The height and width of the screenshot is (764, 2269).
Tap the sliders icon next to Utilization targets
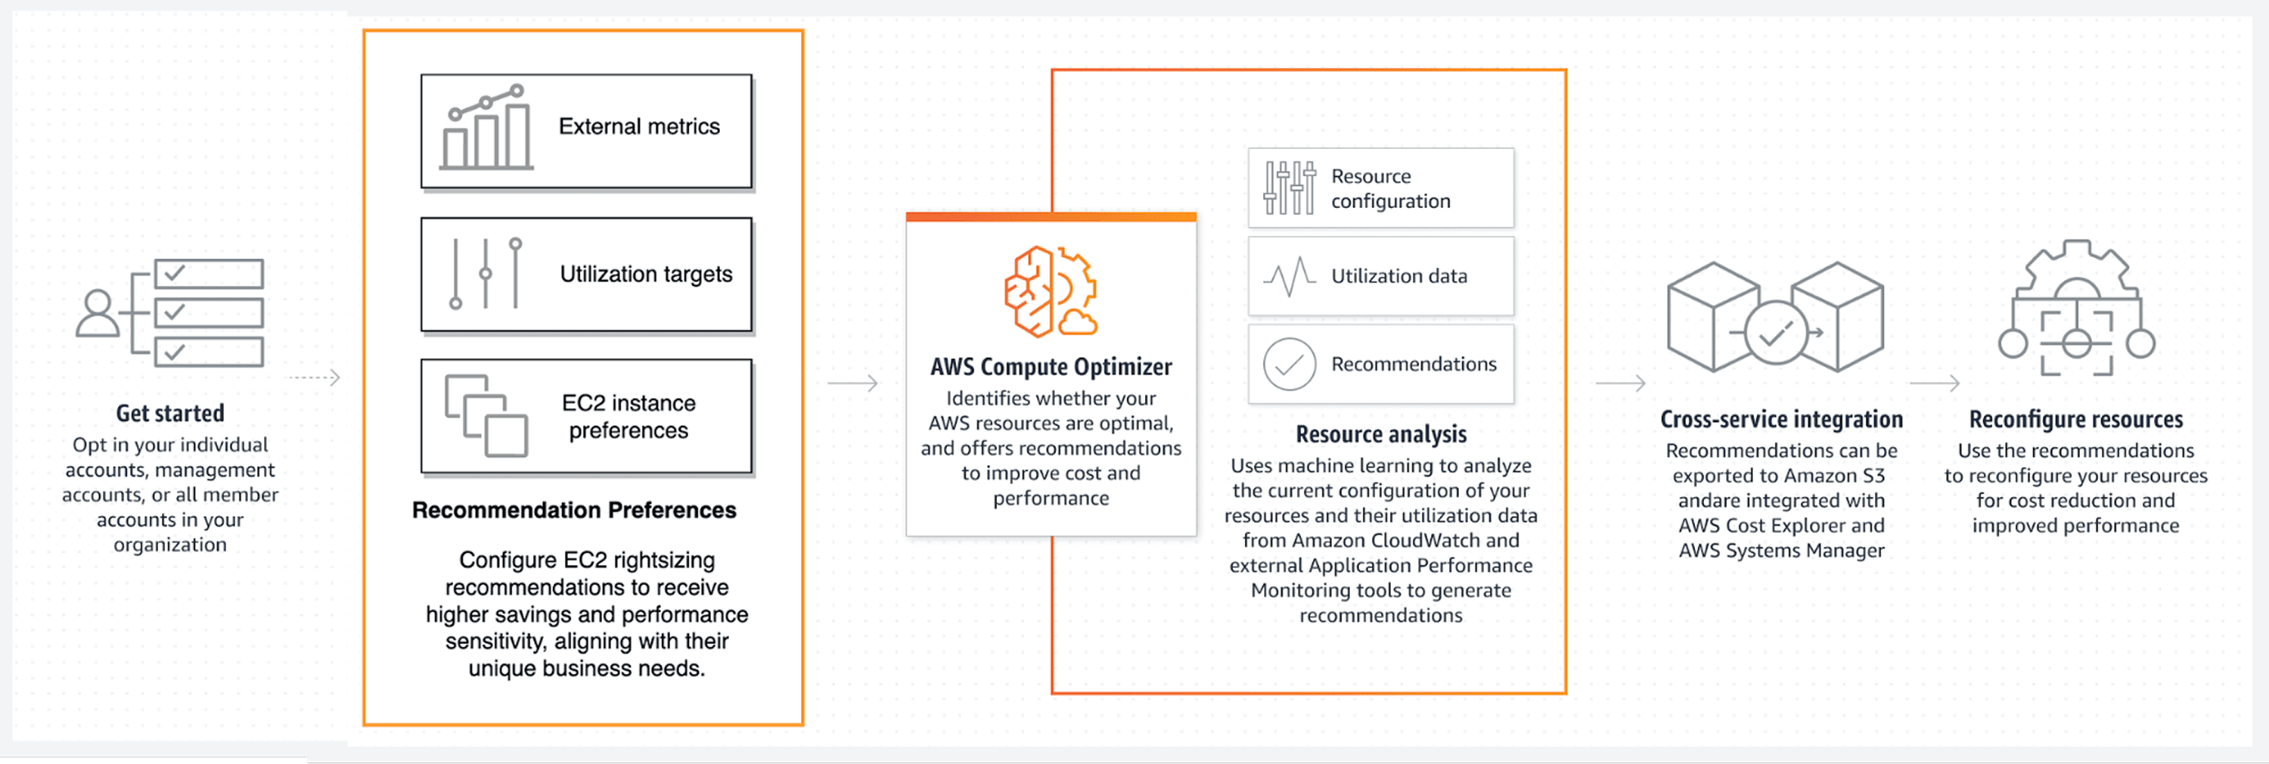click(486, 273)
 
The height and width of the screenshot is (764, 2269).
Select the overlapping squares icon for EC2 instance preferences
click(486, 416)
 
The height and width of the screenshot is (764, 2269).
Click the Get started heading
click(170, 413)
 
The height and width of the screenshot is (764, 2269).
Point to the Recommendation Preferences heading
click(573, 510)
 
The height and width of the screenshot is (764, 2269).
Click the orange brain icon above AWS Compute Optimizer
click(1051, 292)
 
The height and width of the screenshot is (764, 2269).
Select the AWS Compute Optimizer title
click(1051, 367)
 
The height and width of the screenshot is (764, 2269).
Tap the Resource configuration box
click(1380, 188)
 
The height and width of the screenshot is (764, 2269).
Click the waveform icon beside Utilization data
click(1290, 277)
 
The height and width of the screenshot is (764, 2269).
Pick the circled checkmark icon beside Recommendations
click(1290, 364)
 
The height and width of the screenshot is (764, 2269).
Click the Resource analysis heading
click(1380, 434)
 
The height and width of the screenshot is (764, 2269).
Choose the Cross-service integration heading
click(1781, 420)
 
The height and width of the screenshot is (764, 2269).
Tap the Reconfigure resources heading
click(2075, 420)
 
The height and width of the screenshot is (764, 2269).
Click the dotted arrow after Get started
click(315, 378)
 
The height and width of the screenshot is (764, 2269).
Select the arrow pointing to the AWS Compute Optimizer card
click(852, 384)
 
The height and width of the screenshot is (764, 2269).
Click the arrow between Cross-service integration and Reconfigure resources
click(1934, 384)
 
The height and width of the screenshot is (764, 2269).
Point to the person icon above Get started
click(98, 314)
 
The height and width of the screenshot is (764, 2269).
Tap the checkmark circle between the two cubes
click(1776, 333)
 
